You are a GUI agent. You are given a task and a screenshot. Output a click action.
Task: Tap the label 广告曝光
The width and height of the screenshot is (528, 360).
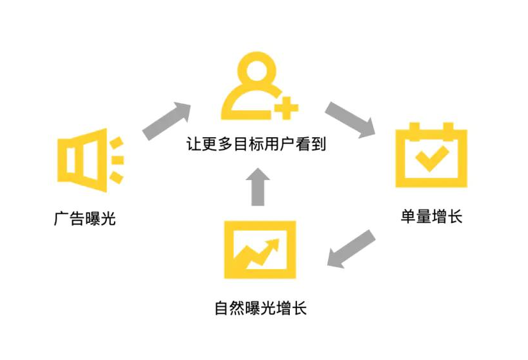(x=84, y=219)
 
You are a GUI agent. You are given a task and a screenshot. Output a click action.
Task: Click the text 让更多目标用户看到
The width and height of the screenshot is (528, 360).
(x=256, y=144)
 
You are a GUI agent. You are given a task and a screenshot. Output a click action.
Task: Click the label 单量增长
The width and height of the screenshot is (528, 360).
(x=431, y=217)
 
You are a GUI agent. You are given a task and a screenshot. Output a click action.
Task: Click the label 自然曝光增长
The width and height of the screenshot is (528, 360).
(x=260, y=307)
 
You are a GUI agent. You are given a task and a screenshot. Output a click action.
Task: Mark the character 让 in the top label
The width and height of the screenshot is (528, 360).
(x=193, y=144)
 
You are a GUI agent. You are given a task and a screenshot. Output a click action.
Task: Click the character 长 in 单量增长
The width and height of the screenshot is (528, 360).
(x=454, y=217)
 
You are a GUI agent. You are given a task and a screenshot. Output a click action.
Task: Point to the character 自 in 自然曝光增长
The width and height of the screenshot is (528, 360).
(x=222, y=307)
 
